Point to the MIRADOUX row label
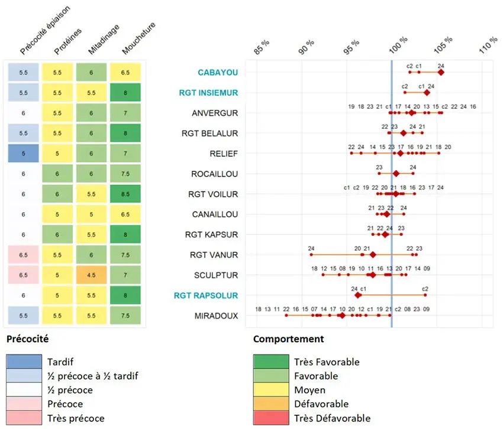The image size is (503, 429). point(216,316)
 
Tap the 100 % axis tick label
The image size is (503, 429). point(399,45)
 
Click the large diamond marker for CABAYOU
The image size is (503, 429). point(440,72)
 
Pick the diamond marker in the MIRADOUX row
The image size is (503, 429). point(341,316)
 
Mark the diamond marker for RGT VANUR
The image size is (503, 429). point(372,255)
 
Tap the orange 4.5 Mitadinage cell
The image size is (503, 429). point(92,275)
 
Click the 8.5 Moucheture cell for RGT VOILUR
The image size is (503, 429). point(125,194)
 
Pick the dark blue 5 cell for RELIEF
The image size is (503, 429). point(24,154)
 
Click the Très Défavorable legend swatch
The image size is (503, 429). point(270,418)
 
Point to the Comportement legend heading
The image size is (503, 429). point(288,339)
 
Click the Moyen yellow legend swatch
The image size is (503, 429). point(270,390)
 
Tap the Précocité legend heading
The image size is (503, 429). point(27,339)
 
